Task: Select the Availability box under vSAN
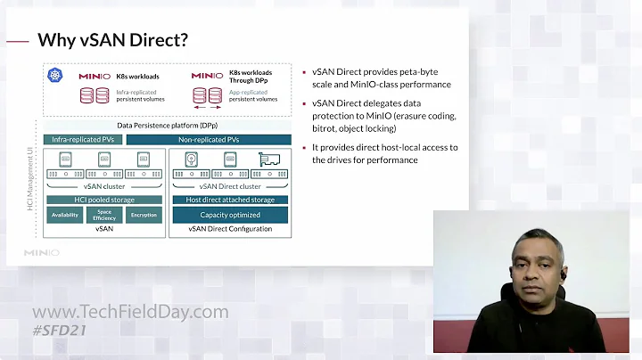click(64, 216)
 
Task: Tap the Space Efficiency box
click(104, 216)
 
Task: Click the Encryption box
click(144, 216)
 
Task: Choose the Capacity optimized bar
click(230, 215)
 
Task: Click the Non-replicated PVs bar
click(209, 140)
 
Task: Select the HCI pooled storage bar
click(104, 200)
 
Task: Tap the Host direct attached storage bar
click(230, 200)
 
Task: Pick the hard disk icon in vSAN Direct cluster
click(192, 160)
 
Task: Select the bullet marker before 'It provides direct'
click(304, 148)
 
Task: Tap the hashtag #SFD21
click(64, 331)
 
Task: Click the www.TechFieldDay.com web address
click(130, 313)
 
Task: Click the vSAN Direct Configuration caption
click(230, 229)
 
